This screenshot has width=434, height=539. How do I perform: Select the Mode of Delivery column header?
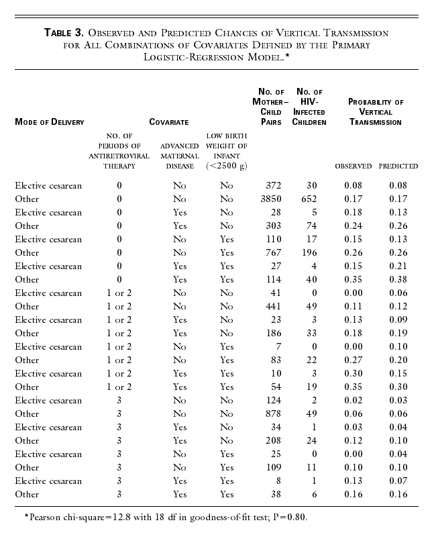(x=50, y=122)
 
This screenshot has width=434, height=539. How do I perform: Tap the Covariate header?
(x=168, y=122)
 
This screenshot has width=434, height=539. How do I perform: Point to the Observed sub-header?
(x=354, y=166)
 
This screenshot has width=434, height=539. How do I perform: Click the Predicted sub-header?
(x=398, y=166)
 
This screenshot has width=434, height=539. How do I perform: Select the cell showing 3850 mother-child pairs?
(x=270, y=199)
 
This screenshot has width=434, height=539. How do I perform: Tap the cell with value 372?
(x=273, y=185)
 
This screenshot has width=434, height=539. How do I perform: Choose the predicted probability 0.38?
(x=400, y=279)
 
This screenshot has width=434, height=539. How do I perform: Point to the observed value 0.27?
(x=355, y=360)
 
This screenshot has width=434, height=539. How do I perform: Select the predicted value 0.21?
(x=400, y=266)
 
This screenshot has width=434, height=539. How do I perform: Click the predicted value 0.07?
(x=400, y=481)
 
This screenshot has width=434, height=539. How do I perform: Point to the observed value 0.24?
(x=355, y=226)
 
